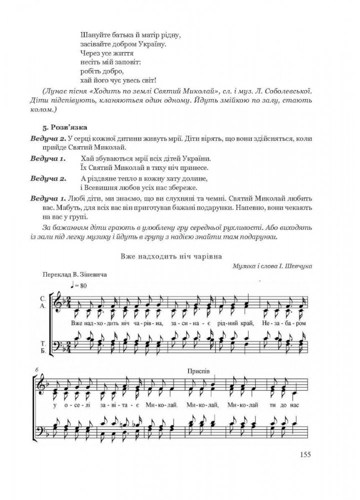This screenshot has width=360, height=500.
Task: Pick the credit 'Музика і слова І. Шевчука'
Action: pyautogui.click(x=272, y=266)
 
